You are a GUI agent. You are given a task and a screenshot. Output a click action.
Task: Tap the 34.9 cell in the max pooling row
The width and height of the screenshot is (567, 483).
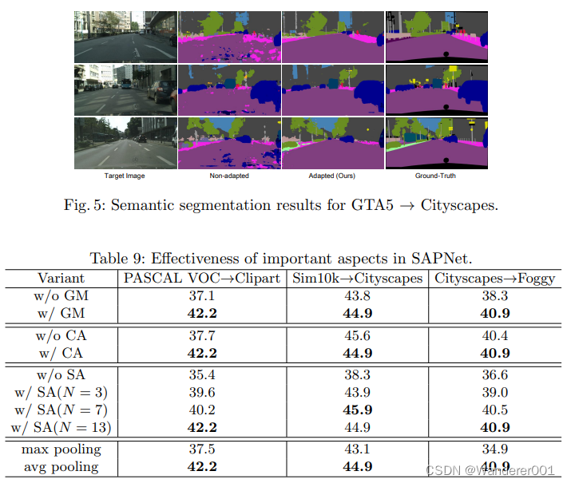(x=495, y=450)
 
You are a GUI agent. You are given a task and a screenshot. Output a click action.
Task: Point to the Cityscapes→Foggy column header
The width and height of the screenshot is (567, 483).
(x=495, y=278)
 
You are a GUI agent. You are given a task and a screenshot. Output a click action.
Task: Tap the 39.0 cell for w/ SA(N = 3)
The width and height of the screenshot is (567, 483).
(x=495, y=392)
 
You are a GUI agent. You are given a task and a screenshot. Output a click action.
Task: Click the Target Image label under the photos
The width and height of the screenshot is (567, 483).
(x=125, y=175)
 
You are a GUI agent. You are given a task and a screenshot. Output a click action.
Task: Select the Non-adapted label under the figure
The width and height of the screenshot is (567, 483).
(x=229, y=175)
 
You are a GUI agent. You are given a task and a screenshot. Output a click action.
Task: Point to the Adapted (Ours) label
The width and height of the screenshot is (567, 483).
(x=333, y=175)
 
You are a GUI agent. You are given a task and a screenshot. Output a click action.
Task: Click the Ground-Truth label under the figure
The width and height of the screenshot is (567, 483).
(x=436, y=175)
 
